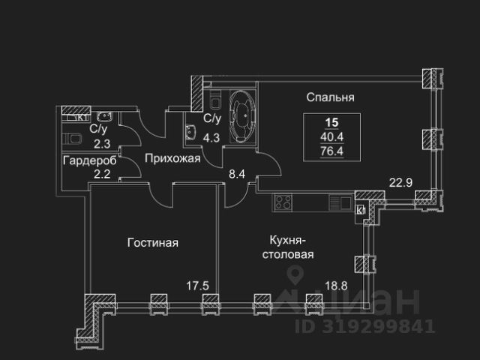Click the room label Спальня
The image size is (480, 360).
click(x=330, y=97)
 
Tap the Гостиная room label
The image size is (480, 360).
click(x=153, y=243)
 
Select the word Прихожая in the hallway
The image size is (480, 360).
click(x=172, y=158)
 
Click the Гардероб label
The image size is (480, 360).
click(x=90, y=160)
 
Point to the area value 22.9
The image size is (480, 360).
click(x=400, y=183)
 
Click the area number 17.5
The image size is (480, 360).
click(x=198, y=286)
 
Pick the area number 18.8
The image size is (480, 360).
click(x=336, y=286)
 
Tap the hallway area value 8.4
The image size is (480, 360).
click(x=237, y=174)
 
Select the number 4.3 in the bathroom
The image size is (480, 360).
click(x=211, y=138)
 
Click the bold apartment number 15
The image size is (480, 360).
click(x=331, y=122)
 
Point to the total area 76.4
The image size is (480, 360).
click(x=331, y=151)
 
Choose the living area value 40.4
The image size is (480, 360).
click(x=331, y=136)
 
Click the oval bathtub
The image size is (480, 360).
click(x=243, y=116)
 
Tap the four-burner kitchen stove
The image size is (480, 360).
click(x=283, y=202)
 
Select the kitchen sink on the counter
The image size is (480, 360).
click(x=340, y=202)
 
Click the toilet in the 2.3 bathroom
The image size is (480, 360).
click(x=73, y=139)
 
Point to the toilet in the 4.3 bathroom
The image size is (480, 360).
click(x=215, y=100)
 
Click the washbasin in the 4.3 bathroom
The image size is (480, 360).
click(x=191, y=133)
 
